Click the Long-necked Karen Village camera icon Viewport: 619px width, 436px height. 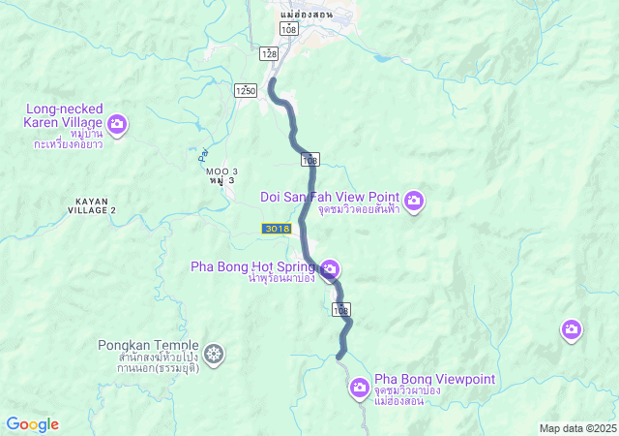118,123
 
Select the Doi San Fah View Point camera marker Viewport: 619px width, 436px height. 414,201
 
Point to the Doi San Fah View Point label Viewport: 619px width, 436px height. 330,197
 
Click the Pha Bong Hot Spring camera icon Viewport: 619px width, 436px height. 330,268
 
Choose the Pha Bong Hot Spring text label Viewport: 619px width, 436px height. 251,265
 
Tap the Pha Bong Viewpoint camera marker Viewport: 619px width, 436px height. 359,389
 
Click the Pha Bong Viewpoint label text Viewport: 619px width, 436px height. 434,379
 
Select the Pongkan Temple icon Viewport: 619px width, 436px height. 213,355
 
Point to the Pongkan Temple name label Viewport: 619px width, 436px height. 148,345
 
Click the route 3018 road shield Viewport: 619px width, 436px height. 275,228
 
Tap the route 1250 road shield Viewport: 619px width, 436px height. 245,90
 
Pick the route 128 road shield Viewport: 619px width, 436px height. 269,54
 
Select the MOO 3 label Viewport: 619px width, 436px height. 221,171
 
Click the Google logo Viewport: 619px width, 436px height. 32,424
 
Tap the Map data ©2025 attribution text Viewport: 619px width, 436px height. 577,428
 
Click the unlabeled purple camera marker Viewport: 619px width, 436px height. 572,330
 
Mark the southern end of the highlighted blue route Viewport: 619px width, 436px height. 339,358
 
